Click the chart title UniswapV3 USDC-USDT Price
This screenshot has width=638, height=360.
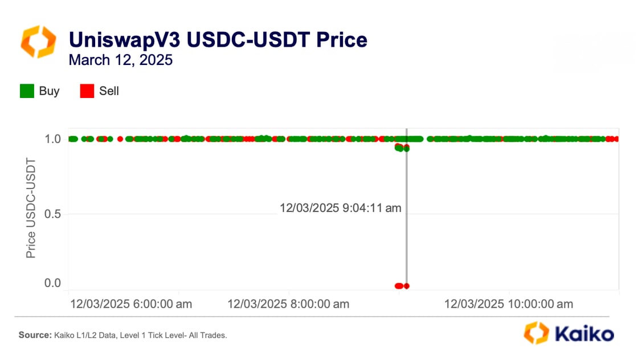point(218,40)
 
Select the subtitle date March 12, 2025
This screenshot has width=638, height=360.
point(120,60)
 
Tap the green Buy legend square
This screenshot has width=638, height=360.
point(27,91)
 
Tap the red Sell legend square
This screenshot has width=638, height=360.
point(87,91)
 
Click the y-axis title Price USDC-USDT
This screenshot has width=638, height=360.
point(31,208)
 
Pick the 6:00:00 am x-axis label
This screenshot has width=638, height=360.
point(131,304)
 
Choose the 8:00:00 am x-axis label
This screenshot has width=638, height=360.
point(288,304)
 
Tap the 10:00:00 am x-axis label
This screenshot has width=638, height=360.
point(509,304)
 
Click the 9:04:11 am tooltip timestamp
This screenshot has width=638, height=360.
point(340,208)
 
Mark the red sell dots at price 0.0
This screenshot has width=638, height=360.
point(401,286)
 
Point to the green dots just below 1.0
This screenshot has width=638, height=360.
point(402,148)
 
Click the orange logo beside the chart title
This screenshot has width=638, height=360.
point(38,42)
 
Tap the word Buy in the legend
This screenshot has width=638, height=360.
point(49,91)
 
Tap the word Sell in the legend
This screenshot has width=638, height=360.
point(109,91)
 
